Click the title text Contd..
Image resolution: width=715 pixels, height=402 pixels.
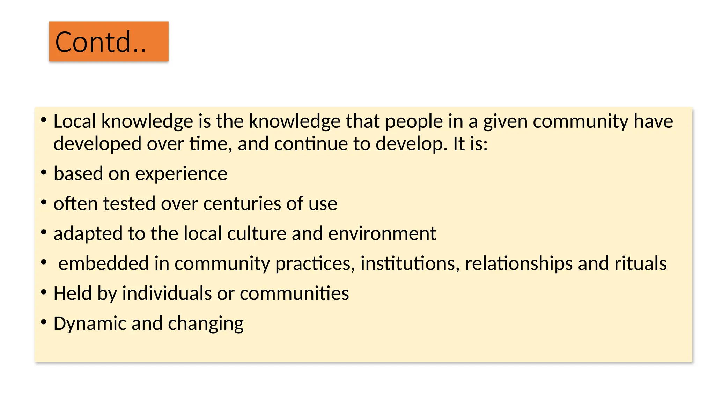coord(101,42)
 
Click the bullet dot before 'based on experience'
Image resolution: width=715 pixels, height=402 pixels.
coord(44,172)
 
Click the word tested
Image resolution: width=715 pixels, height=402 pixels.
coord(129,204)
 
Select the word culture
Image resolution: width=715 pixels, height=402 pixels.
coord(257,233)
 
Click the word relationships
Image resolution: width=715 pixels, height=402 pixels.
coord(519,263)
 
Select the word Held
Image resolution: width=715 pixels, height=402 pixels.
coord(73,293)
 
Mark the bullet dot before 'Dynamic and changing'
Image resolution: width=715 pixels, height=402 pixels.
coord(44,322)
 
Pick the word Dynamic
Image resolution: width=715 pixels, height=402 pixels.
coord(90,323)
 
